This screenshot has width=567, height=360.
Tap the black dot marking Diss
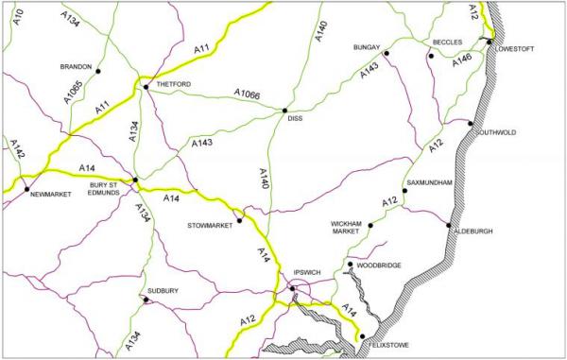coord(284,111)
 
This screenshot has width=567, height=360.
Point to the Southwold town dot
coord(471,124)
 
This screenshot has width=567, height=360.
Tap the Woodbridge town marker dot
coord(350,265)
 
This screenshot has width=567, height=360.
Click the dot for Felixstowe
coord(361,335)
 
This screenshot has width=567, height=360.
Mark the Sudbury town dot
coord(146,300)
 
